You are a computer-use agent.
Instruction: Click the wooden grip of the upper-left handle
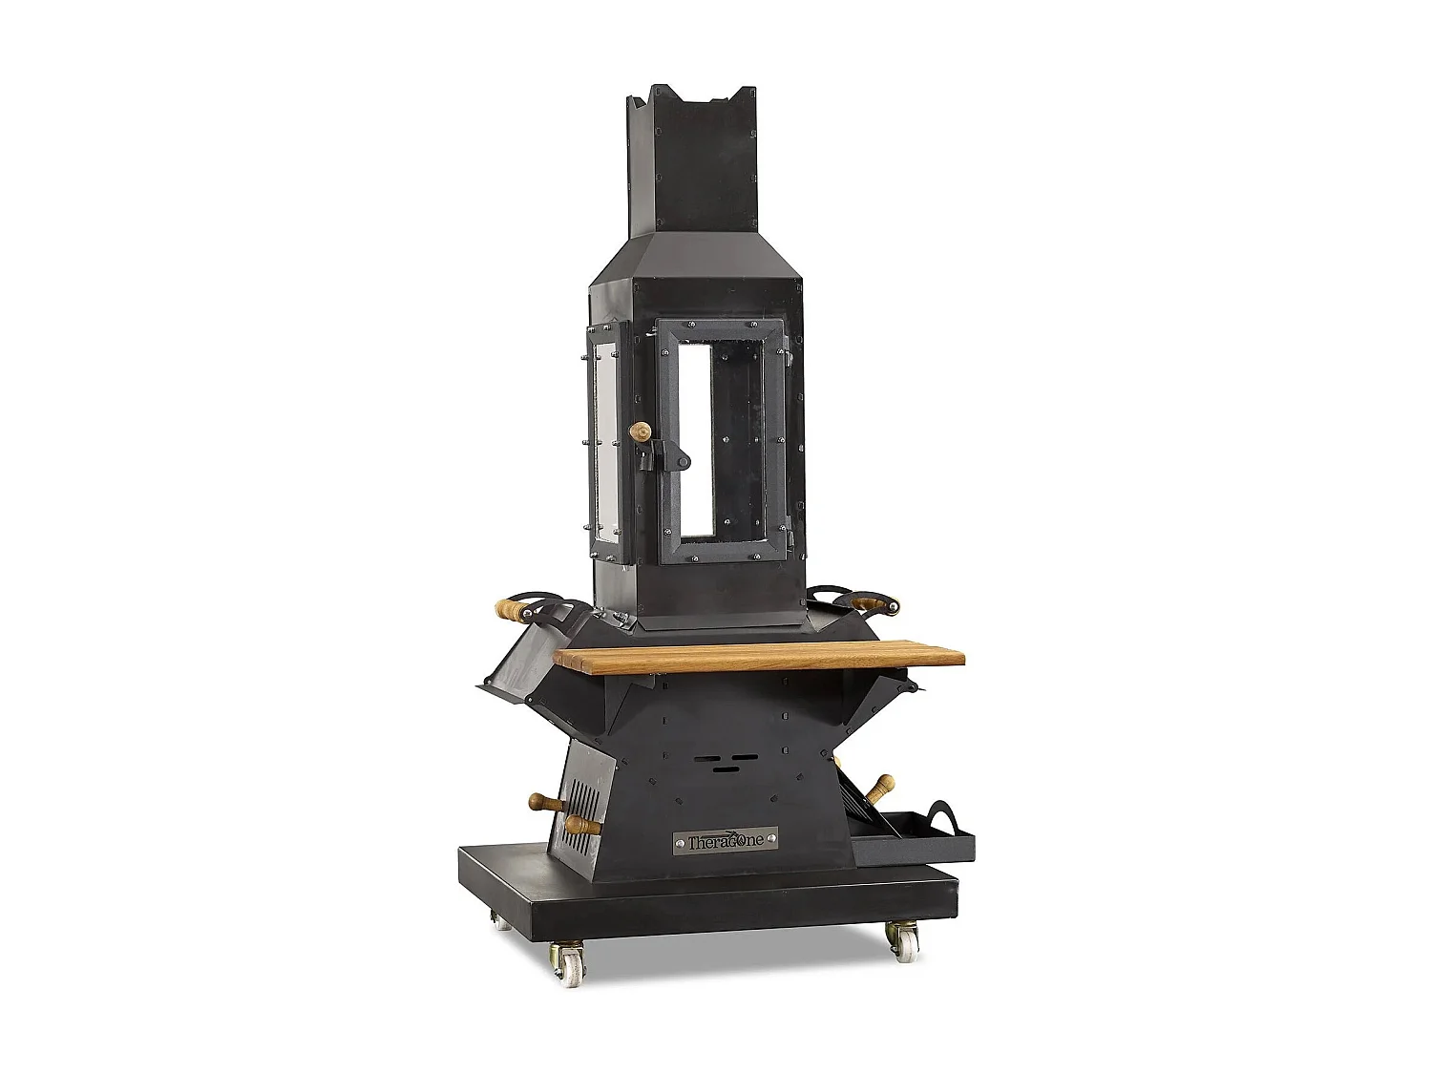click(x=513, y=610)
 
